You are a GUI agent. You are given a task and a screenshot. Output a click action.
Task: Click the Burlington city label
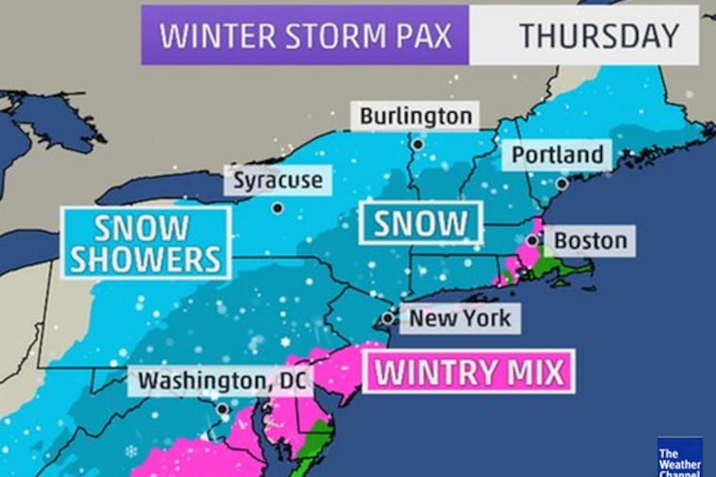(x=415, y=116)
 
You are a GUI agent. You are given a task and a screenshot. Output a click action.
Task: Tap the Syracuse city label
(x=277, y=180)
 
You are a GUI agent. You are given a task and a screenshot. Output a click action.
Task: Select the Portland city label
(x=557, y=154)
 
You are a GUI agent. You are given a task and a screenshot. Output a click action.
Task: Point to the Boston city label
(x=590, y=241)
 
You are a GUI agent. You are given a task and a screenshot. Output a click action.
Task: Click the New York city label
(x=460, y=318)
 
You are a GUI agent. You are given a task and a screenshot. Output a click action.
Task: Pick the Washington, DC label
(x=212, y=381)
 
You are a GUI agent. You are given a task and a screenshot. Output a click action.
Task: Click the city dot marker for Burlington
(x=415, y=144)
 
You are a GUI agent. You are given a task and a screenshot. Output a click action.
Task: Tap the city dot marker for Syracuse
(x=277, y=208)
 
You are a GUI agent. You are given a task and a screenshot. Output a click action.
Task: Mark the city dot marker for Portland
(x=561, y=184)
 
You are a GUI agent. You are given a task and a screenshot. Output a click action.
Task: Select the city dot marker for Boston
(x=532, y=241)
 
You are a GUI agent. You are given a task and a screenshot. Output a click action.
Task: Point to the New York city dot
(x=388, y=319)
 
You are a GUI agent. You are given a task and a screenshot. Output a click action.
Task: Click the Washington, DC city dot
(x=222, y=409)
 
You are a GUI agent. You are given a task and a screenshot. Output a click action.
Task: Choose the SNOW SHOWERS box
(x=145, y=243)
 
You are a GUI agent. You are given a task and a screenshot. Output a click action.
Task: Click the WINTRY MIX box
(x=468, y=371)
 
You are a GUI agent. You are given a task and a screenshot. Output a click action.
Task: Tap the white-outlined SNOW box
(x=420, y=223)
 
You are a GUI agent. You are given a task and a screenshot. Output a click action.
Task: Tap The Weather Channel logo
(x=680, y=457)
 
